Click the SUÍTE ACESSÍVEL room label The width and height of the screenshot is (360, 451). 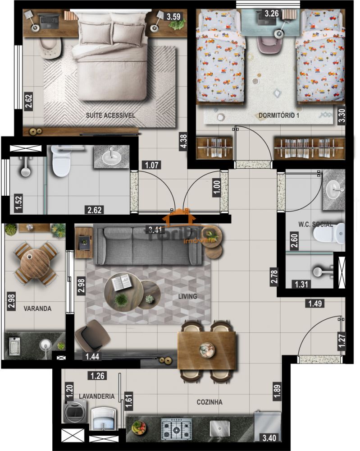[x=110, y=115]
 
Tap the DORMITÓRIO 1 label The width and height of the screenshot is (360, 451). [x=279, y=116]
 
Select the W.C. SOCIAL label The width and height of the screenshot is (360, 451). [x=315, y=224]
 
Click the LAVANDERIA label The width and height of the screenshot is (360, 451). [x=96, y=396]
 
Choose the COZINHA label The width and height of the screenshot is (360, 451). [x=209, y=402]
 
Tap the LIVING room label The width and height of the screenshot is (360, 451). [x=187, y=296]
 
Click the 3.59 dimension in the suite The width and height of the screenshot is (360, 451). [x=174, y=17]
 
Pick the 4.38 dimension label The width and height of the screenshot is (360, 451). [x=183, y=141]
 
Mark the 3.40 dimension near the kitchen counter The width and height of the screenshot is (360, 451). [x=270, y=437]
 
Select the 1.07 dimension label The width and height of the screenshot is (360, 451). [x=152, y=165]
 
